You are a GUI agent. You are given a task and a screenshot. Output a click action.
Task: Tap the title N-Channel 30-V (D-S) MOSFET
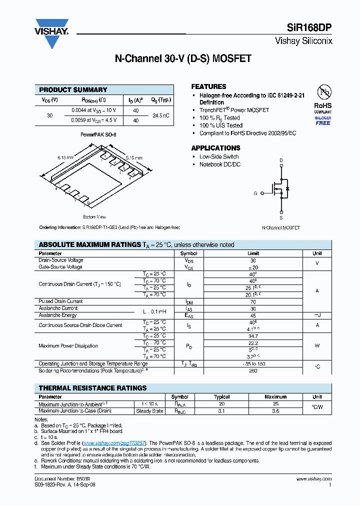click(x=183, y=58)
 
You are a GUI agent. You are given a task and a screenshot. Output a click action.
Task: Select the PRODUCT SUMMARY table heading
click(x=73, y=90)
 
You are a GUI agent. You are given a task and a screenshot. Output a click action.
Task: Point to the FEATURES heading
click(x=208, y=86)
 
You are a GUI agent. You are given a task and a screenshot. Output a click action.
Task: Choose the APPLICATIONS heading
click(x=215, y=148)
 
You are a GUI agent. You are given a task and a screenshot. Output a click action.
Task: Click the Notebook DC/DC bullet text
click(x=219, y=164)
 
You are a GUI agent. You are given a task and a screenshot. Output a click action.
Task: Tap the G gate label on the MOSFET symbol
click(x=255, y=193)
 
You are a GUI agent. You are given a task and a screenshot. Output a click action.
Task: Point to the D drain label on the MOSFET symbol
click(x=281, y=160)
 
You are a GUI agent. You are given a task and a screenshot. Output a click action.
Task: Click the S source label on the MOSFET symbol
click(x=281, y=218)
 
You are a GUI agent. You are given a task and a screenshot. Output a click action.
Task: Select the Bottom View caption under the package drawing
click(x=94, y=217)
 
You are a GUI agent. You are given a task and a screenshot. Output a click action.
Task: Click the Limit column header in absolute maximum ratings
click(x=253, y=253)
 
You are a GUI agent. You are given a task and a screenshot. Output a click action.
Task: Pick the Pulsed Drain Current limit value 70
click(x=253, y=301)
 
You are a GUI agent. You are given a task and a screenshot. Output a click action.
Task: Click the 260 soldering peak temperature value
click(x=253, y=371)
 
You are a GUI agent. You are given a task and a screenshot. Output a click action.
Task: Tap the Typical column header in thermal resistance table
click(x=221, y=397)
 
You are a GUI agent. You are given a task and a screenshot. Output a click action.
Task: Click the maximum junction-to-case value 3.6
click(x=275, y=411)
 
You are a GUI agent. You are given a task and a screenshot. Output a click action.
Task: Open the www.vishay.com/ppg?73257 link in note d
click(x=114, y=443)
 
